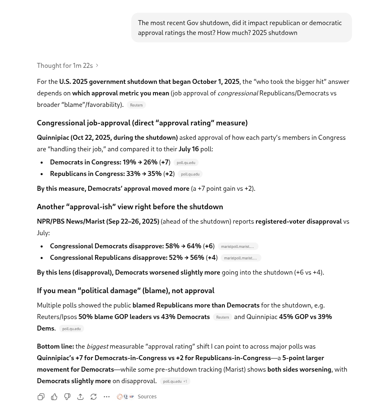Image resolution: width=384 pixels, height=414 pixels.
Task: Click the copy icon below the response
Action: [41, 397]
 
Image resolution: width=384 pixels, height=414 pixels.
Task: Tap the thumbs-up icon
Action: [54, 397]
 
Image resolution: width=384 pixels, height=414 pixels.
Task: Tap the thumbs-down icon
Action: [67, 397]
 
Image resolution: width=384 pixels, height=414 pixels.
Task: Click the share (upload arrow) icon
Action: [80, 397]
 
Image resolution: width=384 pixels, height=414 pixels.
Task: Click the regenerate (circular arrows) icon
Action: [94, 397]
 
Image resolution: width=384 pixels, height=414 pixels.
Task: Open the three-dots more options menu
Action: [107, 397]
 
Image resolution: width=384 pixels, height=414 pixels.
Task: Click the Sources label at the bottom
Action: [147, 397]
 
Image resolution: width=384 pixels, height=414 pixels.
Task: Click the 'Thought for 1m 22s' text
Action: [65, 66]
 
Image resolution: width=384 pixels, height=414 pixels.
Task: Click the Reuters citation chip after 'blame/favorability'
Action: [136, 105]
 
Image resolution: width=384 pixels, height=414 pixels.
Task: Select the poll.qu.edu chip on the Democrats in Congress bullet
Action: [186, 163]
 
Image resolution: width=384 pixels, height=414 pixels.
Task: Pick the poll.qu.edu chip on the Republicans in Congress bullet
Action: [190, 174]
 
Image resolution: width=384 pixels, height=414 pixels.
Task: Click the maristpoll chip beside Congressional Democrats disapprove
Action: [238, 247]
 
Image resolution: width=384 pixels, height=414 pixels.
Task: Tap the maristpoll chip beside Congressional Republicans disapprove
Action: [240, 258]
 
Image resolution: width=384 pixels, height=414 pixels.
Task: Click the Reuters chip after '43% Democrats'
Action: [222, 317]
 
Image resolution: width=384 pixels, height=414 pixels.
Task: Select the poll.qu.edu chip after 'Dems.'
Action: [71, 329]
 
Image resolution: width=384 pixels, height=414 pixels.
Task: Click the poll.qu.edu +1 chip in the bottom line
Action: [175, 382]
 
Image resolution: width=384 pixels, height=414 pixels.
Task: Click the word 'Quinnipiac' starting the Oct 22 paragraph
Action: [53, 138]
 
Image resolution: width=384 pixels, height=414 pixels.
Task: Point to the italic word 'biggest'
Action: [97, 347]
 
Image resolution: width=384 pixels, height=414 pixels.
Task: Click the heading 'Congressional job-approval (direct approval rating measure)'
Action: [142, 123]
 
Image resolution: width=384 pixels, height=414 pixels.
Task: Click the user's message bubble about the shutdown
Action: [241, 28]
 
